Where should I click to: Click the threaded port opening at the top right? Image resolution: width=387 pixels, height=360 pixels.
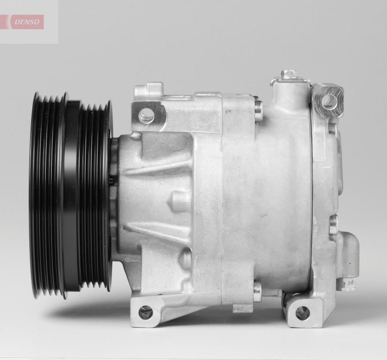click(x=329, y=101)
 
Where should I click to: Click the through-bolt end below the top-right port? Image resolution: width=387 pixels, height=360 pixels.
click(x=258, y=110)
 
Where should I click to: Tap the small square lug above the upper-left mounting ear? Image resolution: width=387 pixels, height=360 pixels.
click(x=148, y=90)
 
